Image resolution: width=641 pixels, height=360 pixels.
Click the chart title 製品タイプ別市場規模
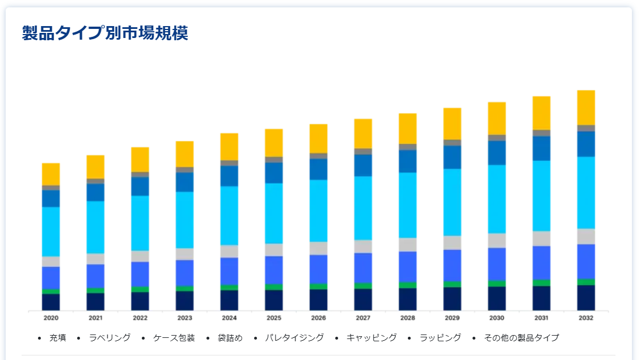pyautogui.click(x=105, y=33)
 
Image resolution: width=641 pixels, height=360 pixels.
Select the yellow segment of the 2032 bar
pyautogui.click(x=585, y=107)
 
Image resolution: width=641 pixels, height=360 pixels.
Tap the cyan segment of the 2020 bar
pyautogui.click(x=50, y=231)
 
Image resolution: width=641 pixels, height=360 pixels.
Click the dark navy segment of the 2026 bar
pyautogui.click(x=318, y=299)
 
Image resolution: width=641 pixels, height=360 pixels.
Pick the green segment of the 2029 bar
pyautogui.click(x=452, y=284)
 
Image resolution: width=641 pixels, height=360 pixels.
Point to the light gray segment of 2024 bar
pyautogui.click(x=229, y=251)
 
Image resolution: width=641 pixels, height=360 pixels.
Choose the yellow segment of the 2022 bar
pyautogui.click(x=140, y=159)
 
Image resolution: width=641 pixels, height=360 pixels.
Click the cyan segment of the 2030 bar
pyautogui.click(x=496, y=198)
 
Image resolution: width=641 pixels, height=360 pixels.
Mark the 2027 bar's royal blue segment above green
pyautogui.click(x=363, y=268)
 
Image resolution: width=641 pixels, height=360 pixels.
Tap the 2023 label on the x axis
pyautogui.click(x=185, y=318)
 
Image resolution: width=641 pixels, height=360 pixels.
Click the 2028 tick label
pyautogui.click(x=407, y=318)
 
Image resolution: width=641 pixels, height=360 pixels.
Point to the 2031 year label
pyautogui.click(x=541, y=318)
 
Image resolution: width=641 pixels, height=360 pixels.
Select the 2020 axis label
pyautogui.click(x=51, y=318)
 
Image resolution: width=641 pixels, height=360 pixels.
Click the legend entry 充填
pyautogui.click(x=58, y=338)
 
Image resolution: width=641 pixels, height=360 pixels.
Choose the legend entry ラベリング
pyautogui.click(x=110, y=338)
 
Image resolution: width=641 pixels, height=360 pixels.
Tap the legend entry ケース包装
pyautogui.click(x=174, y=338)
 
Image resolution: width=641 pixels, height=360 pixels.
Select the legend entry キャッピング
pyautogui.click(x=372, y=338)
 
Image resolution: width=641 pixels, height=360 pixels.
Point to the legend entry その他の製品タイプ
pyautogui.click(x=521, y=338)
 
